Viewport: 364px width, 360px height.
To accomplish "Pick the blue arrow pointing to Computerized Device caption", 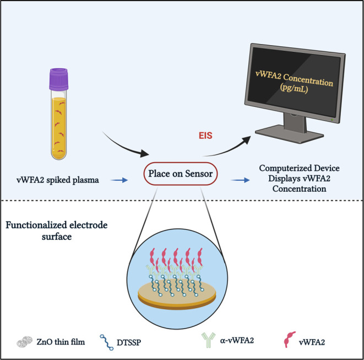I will click(239, 179).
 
